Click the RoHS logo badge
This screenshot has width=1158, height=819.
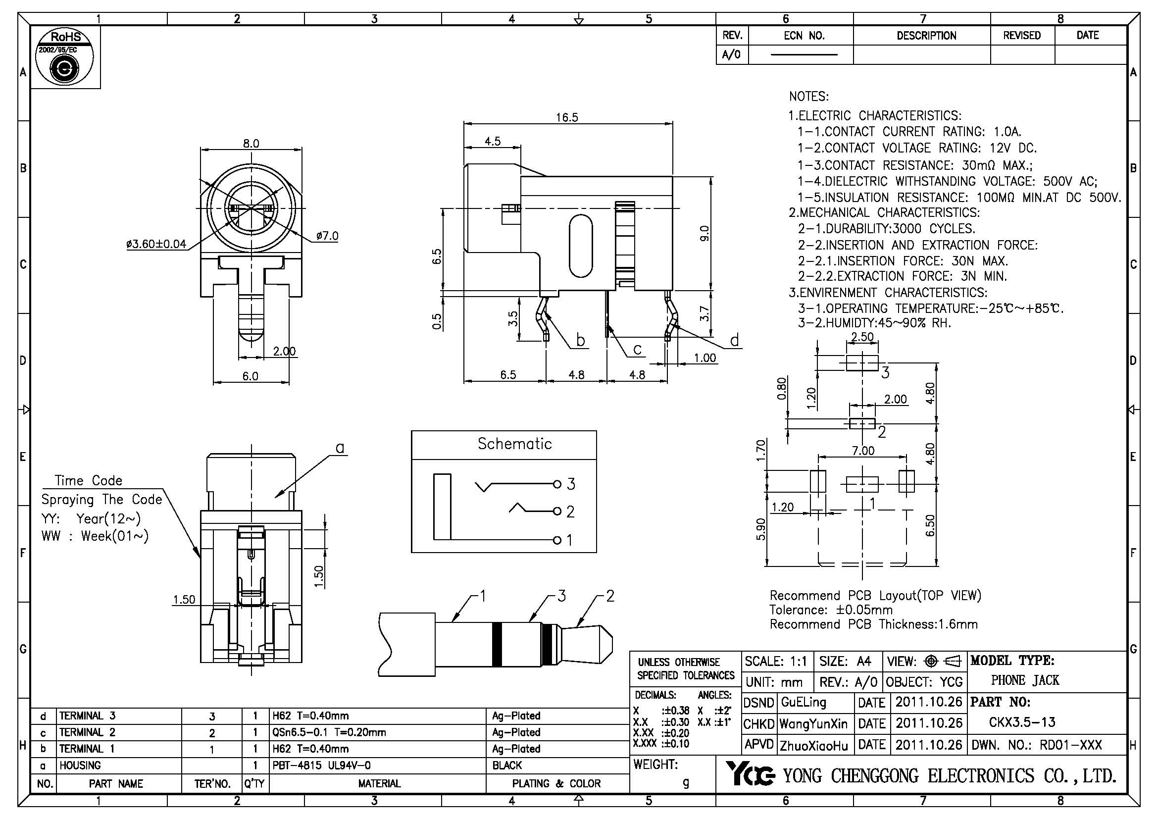(x=65, y=57)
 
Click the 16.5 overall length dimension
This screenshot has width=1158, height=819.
(x=567, y=117)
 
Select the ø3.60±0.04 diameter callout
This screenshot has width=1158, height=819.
(x=156, y=245)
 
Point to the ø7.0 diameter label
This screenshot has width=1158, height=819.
(x=327, y=236)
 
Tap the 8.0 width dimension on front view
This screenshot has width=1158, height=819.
(x=251, y=144)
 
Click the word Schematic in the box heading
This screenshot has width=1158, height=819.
(x=514, y=444)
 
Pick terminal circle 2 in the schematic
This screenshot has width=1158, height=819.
(x=557, y=512)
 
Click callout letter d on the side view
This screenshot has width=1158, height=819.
(x=734, y=341)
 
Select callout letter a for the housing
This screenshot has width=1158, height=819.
(x=340, y=448)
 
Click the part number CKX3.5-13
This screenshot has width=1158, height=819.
(x=1022, y=722)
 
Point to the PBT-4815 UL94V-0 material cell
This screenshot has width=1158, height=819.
(x=321, y=766)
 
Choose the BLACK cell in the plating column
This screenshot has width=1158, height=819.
(x=507, y=766)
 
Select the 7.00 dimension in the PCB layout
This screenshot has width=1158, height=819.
(x=863, y=450)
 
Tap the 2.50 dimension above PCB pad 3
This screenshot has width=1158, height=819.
(x=862, y=337)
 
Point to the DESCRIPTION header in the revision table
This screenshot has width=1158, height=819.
(x=926, y=36)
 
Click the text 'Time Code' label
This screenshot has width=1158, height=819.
(x=89, y=481)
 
